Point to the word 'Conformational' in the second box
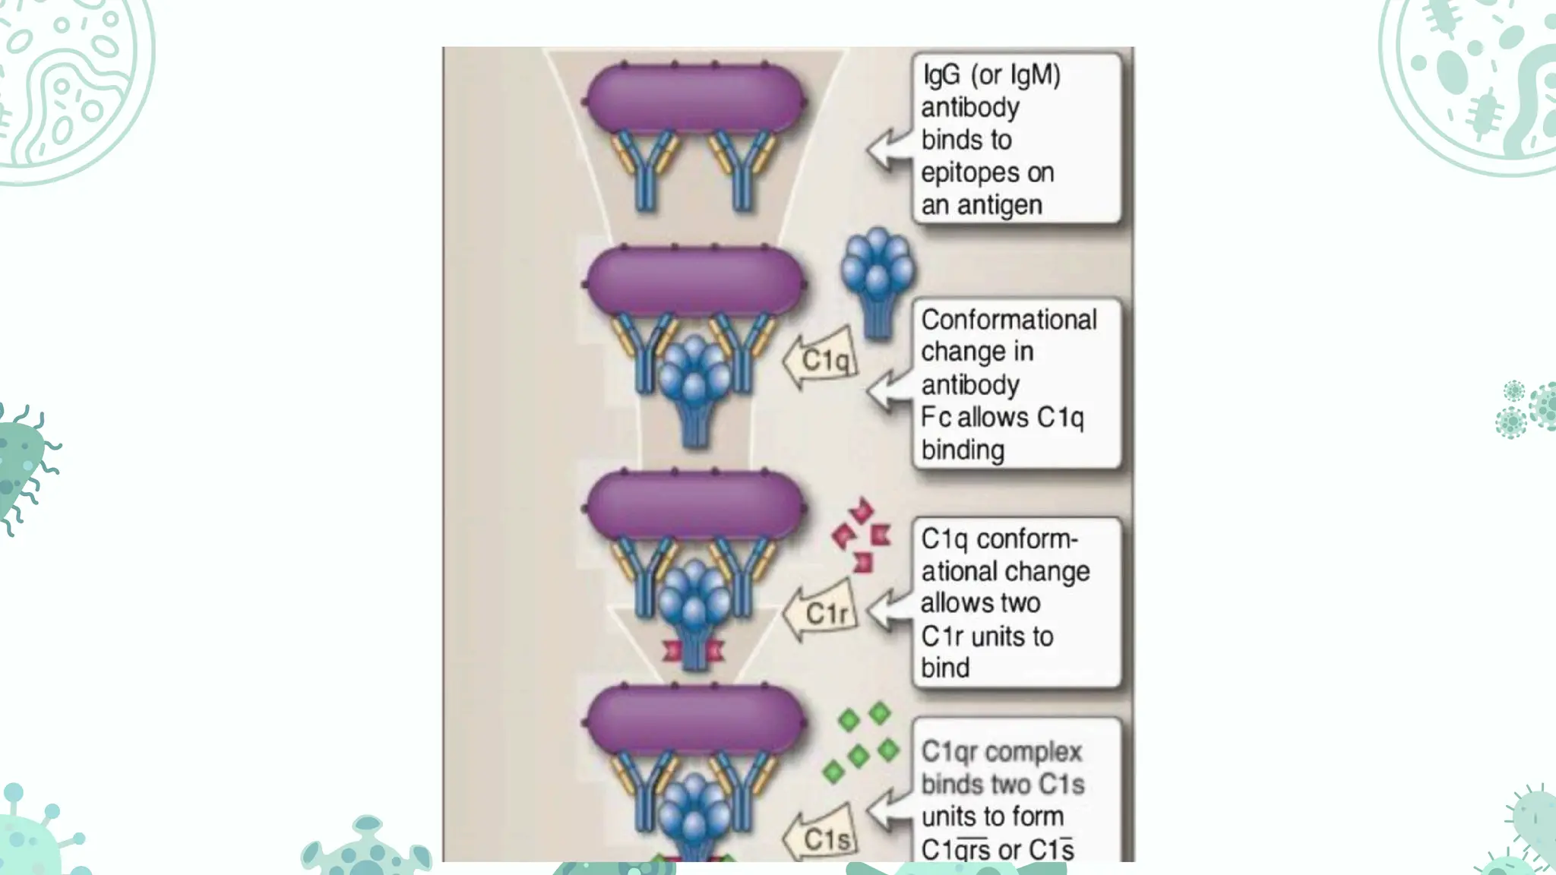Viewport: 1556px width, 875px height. coord(1008,320)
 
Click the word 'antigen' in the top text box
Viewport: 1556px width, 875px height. coord(999,205)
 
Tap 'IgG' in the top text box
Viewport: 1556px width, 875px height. coord(941,74)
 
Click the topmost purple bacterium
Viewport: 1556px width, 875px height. coord(695,99)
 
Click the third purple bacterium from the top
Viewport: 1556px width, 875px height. coord(695,505)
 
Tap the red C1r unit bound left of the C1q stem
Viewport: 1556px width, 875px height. coord(672,651)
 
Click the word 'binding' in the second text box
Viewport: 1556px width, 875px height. coord(963,450)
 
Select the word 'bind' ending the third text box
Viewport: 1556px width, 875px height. coord(945,668)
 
